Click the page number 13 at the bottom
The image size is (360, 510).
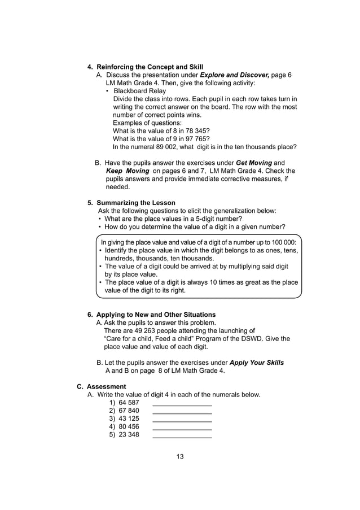180,457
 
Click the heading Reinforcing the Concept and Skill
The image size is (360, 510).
150,67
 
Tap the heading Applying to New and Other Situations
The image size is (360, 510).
156,315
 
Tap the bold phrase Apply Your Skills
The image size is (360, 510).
257,363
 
